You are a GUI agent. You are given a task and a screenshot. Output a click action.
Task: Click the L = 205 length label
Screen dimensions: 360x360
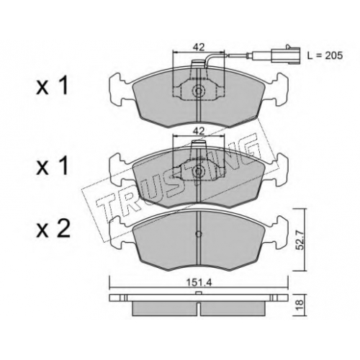(325, 55)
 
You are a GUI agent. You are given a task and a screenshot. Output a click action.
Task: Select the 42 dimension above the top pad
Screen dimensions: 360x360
(199, 47)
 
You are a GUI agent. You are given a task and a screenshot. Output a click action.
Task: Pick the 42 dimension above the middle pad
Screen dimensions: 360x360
(199, 131)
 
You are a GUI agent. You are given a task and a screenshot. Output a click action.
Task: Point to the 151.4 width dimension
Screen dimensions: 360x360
(199, 283)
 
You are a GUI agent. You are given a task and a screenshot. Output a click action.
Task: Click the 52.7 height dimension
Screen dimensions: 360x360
(302, 240)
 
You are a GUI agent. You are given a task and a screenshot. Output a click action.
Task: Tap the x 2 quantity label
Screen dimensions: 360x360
(53, 230)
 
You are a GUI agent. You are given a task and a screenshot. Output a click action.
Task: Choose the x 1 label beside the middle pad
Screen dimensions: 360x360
(52, 166)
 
